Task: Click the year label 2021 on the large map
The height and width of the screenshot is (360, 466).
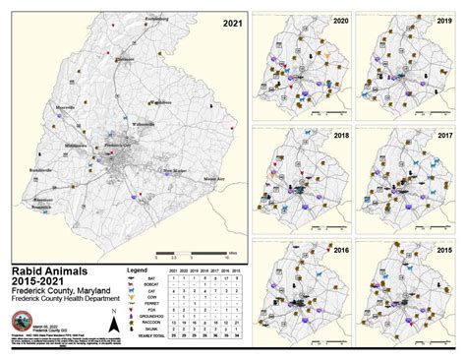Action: tap(232, 22)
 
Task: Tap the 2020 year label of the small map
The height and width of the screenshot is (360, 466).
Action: tap(341, 22)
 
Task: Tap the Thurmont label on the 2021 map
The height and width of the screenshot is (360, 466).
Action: tap(125, 59)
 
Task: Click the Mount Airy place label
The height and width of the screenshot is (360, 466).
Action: tap(212, 178)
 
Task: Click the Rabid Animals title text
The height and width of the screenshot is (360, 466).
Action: tap(49, 267)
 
